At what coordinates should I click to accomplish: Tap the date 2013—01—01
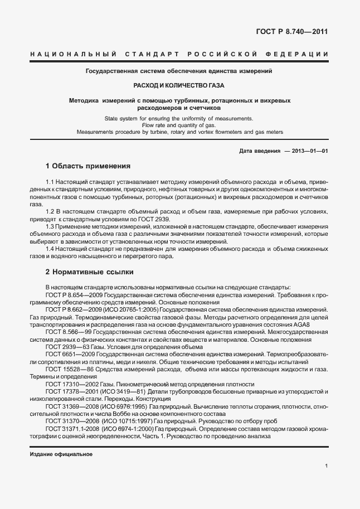310,151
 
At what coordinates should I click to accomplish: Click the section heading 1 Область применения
88,166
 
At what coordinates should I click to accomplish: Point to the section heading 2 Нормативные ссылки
88,272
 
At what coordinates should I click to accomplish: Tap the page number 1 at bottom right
325,466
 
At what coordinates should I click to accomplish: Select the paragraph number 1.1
50,182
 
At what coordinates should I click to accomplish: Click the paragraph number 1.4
50,249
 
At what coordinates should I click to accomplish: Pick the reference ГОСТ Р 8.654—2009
75,294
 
